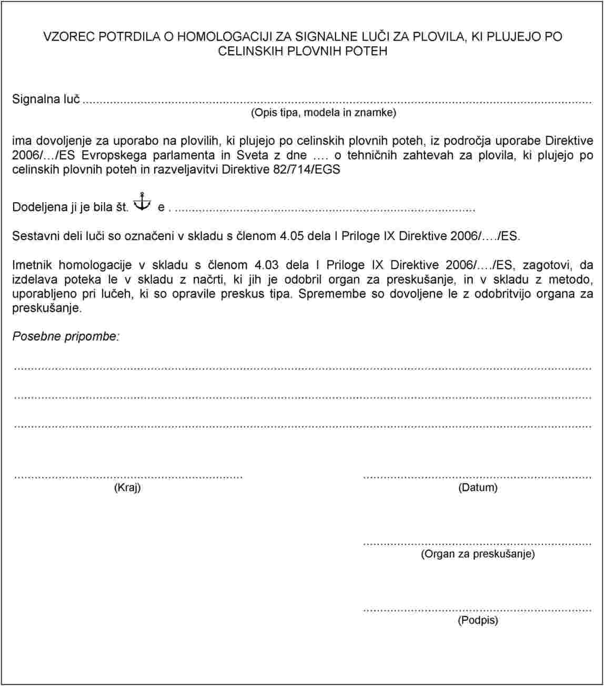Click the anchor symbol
(x=142, y=202)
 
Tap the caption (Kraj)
(x=127, y=488)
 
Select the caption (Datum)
(x=478, y=488)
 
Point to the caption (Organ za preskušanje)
(x=478, y=554)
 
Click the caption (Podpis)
(x=478, y=620)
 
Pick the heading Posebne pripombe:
(x=66, y=336)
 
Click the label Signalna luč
(x=46, y=99)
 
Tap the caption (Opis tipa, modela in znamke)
(x=324, y=113)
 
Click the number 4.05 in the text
(x=292, y=236)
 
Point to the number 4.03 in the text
(x=266, y=265)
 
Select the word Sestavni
(x=35, y=236)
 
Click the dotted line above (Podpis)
(x=477, y=610)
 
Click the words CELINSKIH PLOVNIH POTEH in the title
(x=303, y=51)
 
